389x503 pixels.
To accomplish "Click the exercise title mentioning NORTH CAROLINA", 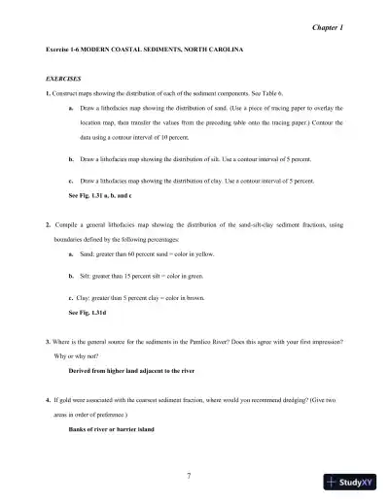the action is tap(144, 48).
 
